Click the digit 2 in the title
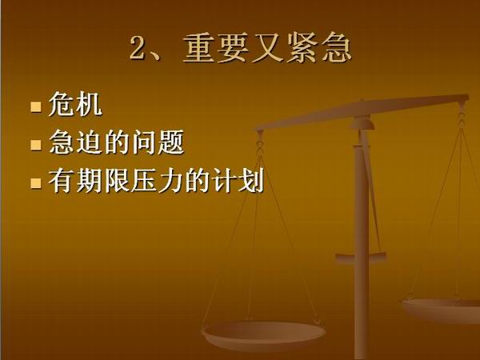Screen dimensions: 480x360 point(139,48)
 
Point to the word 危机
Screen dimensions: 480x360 point(75,104)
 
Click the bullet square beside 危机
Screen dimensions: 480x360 point(36,107)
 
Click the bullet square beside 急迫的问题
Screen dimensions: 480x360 point(36,145)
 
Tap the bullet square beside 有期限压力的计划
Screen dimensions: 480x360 point(36,183)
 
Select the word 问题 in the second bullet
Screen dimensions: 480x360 point(158,142)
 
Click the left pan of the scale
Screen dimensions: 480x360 point(263,335)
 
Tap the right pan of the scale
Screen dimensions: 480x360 point(441,310)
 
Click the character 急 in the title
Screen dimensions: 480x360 point(337,48)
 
